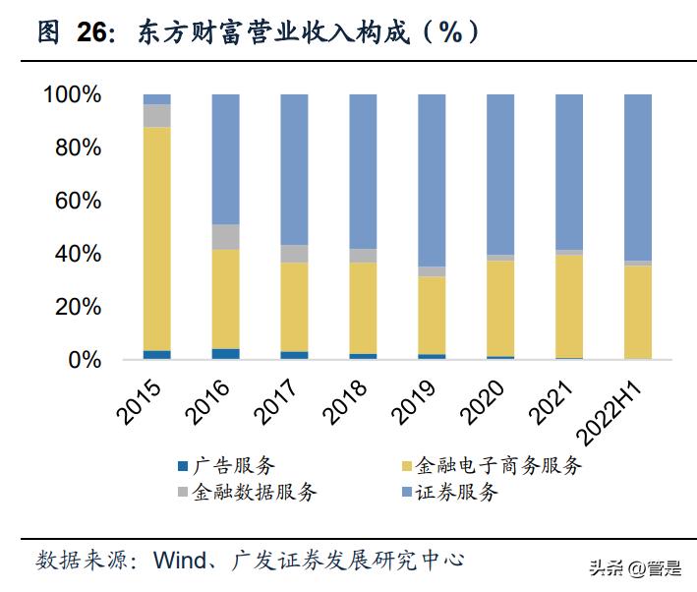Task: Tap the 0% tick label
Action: click(x=85, y=360)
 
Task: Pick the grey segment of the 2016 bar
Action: click(x=225, y=237)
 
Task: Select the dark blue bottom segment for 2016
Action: click(x=225, y=354)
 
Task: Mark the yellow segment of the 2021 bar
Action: click(x=569, y=306)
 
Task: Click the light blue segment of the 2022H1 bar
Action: click(x=638, y=177)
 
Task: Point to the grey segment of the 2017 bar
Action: click(x=294, y=254)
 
